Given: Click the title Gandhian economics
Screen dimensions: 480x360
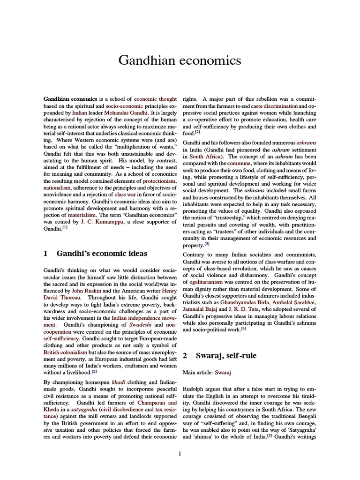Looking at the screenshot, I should point(180,60).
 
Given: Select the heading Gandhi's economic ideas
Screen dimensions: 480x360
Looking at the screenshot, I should point(102,254).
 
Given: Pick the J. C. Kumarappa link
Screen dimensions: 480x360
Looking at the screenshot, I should point(102,221).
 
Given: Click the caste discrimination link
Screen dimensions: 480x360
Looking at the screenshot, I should point(274,106).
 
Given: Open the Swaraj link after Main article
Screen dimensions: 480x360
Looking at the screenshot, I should point(224,372).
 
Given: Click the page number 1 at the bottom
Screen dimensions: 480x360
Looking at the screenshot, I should point(180,453).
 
